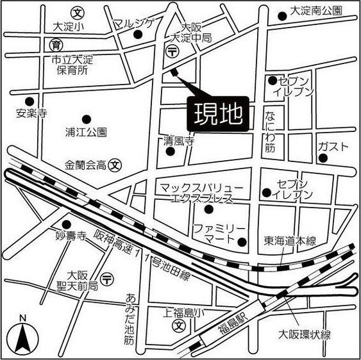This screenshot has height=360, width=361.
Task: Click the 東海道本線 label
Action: point(290,241)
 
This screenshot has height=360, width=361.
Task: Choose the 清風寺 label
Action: point(178,142)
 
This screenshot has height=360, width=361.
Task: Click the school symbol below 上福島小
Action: point(181,325)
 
